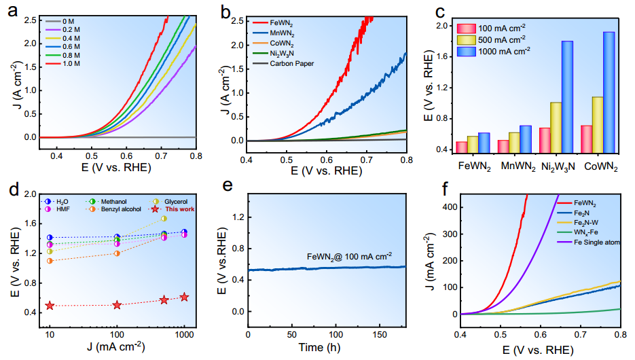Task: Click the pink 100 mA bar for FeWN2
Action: [461, 147]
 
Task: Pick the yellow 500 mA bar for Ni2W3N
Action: [556, 127]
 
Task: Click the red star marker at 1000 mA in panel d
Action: [184, 297]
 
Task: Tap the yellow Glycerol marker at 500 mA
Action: [164, 219]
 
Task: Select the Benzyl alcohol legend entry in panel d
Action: [117, 209]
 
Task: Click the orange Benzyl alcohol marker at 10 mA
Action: [50, 261]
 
